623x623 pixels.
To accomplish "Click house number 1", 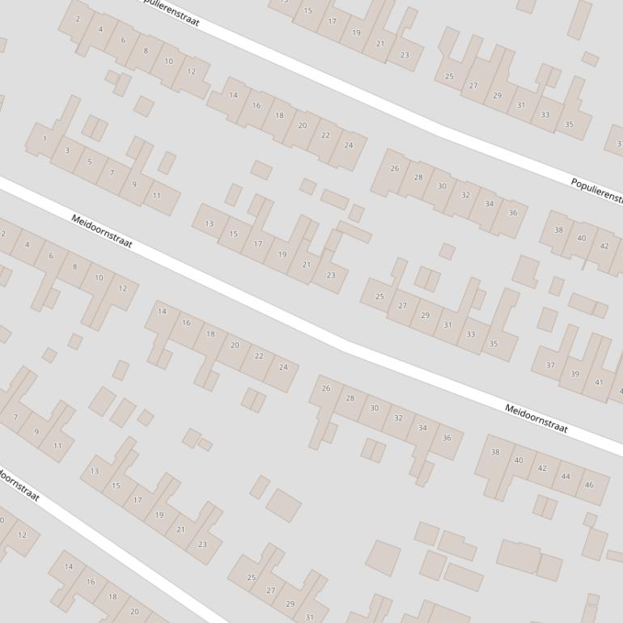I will click(x=44, y=138).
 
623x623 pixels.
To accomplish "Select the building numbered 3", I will click(x=67, y=150).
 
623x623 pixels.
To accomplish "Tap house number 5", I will click(x=89, y=162).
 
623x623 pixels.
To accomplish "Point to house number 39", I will click(x=575, y=374).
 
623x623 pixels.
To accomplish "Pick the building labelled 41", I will click(x=599, y=383).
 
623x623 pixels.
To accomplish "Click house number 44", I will click(x=566, y=477).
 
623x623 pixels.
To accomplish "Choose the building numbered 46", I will click(x=589, y=485).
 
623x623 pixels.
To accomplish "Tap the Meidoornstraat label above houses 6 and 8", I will click(x=101, y=231).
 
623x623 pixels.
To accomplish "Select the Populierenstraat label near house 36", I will click(x=597, y=191).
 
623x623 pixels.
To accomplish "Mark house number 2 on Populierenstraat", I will click(x=78, y=19).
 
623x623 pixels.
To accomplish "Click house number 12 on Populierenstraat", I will click(x=191, y=71).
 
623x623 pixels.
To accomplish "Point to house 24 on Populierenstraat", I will click(x=349, y=146).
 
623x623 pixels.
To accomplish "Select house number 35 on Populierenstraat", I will click(x=569, y=125).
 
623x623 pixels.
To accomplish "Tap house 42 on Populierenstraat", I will click(x=604, y=246).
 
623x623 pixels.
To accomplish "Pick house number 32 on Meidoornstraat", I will click(x=398, y=418).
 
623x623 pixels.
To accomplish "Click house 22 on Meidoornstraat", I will click(x=259, y=356).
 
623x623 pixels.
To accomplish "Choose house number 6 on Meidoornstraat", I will click(x=51, y=256).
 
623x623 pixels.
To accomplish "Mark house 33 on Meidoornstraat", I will click(x=471, y=333).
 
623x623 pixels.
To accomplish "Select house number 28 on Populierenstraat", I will click(x=418, y=177).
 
